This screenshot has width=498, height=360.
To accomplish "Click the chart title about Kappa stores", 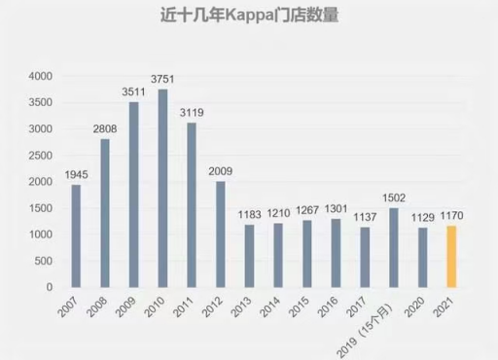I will [x=248, y=18].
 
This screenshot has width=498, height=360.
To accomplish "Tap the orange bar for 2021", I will [x=449, y=257].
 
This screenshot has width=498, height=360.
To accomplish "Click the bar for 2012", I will [x=220, y=234].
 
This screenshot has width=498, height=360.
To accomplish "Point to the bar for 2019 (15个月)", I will [x=393, y=248].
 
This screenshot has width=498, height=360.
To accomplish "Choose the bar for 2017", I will [x=364, y=258].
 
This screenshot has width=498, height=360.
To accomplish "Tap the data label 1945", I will [x=76, y=175].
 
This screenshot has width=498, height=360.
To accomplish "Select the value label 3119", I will [x=192, y=113].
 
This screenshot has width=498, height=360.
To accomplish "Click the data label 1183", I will [x=249, y=215].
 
